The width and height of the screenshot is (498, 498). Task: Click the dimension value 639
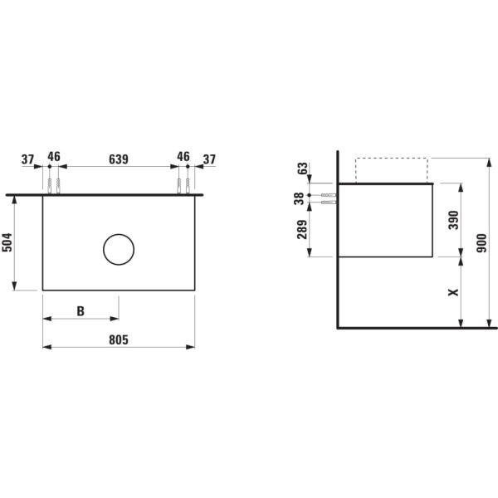119,159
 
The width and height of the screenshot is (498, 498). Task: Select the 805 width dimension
119,339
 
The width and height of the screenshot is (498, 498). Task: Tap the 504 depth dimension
7,242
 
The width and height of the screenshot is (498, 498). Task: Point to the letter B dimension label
81,311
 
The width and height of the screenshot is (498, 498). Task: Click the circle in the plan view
119,234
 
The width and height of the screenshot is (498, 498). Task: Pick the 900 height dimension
481,243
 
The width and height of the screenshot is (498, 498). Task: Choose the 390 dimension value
453,220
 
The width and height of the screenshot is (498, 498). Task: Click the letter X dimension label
453,292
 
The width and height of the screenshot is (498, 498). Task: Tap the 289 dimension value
302,229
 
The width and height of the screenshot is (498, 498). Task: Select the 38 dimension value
299,199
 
